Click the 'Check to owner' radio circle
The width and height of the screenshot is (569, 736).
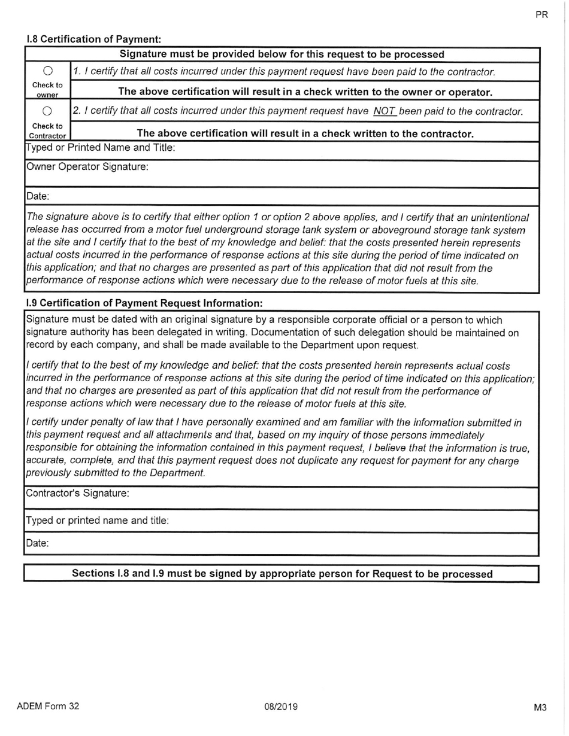(48, 72)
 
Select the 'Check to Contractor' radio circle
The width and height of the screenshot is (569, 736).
(48, 111)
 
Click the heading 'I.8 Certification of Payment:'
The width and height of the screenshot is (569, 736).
(94, 39)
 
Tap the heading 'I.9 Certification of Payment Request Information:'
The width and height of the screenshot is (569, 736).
(144, 303)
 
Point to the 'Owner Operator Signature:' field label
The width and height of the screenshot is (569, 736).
(87, 167)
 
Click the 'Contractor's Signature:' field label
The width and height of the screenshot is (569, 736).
(77, 494)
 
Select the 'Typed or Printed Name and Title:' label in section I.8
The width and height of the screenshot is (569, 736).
(101, 147)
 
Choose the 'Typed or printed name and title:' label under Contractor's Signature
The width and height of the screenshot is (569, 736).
(97, 521)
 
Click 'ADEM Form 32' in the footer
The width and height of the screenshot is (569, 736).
(48, 706)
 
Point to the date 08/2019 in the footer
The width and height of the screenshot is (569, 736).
(281, 707)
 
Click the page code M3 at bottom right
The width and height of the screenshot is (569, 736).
(540, 708)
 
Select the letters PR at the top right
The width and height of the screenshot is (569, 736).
(541, 15)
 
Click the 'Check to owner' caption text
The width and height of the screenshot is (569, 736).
(47, 90)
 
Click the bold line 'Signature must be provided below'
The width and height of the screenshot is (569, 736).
(282, 54)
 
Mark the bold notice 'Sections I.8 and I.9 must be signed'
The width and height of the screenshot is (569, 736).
(282, 573)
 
